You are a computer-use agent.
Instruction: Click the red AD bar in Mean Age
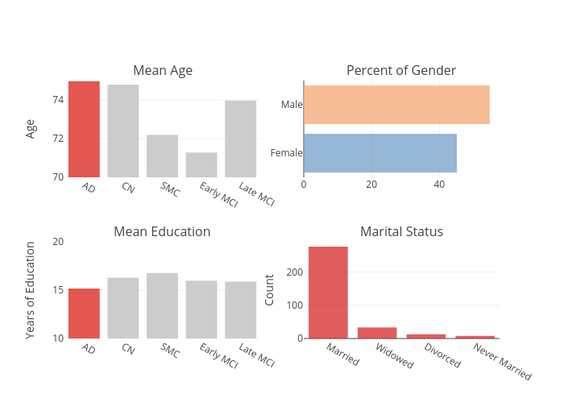coord(84,129)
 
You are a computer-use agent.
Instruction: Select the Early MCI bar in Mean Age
coord(201,164)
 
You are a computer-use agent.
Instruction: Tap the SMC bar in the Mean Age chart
coord(162,156)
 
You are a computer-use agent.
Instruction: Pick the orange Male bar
coord(396,105)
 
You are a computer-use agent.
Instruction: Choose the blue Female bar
coord(380,153)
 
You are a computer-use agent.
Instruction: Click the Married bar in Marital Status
coord(328,292)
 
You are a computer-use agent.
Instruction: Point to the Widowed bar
coord(377,332)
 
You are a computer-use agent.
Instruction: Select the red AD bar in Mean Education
coord(84,313)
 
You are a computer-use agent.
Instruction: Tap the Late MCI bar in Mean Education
coord(241,310)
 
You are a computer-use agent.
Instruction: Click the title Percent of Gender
coord(401,71)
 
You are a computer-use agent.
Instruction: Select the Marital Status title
coord(401,232)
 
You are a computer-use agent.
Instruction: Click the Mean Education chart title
coord(162,232)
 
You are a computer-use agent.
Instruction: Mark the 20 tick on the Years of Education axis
coord(57,242)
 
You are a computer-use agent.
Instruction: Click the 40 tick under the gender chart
coord(439,185)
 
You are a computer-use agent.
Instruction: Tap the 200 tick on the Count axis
coord(294,272)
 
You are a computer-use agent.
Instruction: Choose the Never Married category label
coord(503,361)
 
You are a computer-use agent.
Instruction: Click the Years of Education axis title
coord(31,290)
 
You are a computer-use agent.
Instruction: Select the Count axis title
coord(270,290)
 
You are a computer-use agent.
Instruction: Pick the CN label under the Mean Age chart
coord(127,188)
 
